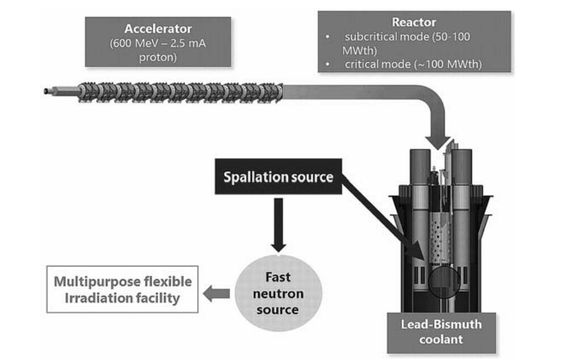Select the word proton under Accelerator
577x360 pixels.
(x=158, y=57)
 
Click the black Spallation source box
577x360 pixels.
(x=278, y=177)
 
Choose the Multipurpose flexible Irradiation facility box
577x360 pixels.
(x=122, y=290)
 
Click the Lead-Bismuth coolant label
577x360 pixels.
(x=441, y=332)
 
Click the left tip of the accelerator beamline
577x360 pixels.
(x=45, y=91)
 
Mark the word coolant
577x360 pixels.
(x=441, y=339)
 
